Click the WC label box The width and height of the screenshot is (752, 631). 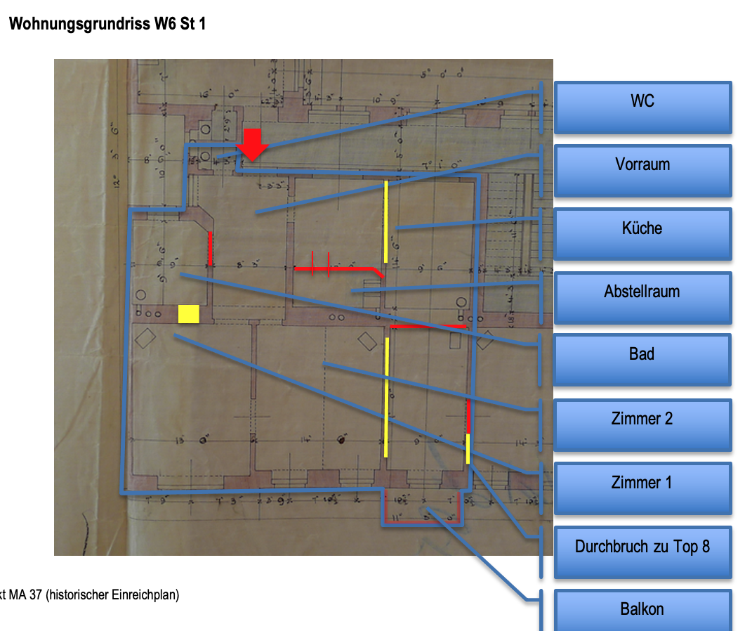click(x=642, y=108)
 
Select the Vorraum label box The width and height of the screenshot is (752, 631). click(x=642, y=171)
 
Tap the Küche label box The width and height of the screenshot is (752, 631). click(x=642, y=234)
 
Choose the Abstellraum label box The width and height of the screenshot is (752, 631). click(x=642, y=297)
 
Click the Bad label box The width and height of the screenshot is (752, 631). click(x=642, y=360)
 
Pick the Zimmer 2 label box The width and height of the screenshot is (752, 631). click(x=642, y=424)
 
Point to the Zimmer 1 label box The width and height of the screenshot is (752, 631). click(x=642, y=488)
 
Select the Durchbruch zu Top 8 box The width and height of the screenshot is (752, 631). click(x=642, y=552)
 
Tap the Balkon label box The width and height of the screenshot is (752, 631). click(x=642, y=609)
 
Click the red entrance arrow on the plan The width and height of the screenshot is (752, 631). click(x=252, y=144)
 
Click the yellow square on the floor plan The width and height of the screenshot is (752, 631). click(x=189, y=314)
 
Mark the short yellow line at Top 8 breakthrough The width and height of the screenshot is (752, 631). click(x=468, y=448)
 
